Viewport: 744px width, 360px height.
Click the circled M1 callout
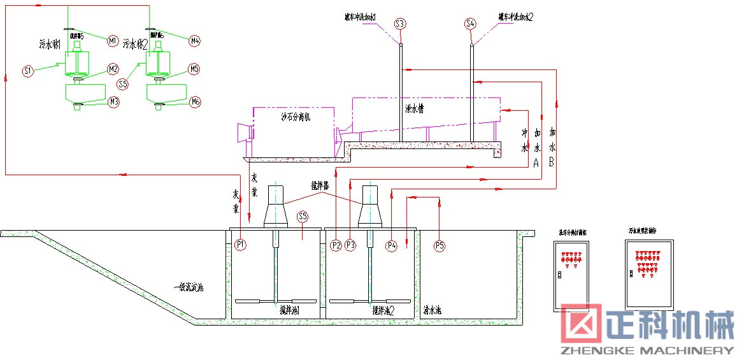click(113, 41)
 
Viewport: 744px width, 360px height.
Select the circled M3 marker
click(113, 101)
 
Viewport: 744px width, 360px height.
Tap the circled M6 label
click(195, 101)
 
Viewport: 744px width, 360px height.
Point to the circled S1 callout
click(27, 71)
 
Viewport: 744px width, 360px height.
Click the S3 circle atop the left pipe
click(400, 24)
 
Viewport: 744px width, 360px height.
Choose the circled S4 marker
click(470, 24)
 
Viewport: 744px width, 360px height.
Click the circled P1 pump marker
click(240, 244)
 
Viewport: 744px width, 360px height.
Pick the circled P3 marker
click(350, 245)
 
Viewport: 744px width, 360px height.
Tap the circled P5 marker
click(439, 245)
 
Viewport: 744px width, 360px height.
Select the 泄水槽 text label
click(414, 108)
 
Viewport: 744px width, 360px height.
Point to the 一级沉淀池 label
click(188, 288)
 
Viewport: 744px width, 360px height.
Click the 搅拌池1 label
click(289, 310)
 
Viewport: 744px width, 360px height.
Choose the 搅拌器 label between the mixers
click(320, 186)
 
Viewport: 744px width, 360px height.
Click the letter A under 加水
click(536, 162)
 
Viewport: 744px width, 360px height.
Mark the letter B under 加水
click(552, 162)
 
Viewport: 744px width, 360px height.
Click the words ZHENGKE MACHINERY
click(647, 350)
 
